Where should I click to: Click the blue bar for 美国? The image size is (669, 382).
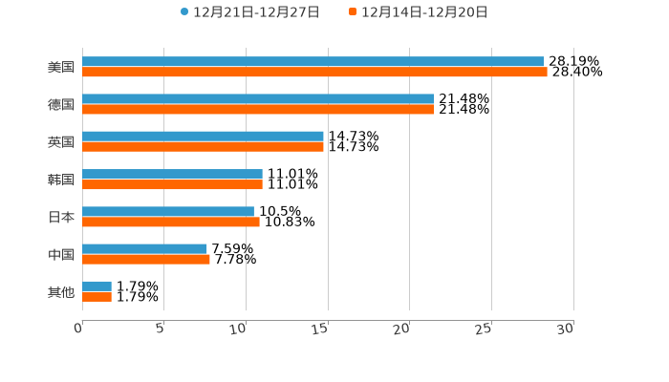click(313, 61)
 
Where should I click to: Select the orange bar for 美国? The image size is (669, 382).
click(314, 72)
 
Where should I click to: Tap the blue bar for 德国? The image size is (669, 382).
click(258, 99)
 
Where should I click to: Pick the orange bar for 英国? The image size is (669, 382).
click(203, 147)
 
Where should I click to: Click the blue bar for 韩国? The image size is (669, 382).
click(172, 174)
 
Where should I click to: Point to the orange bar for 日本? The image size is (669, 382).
click(171, 222)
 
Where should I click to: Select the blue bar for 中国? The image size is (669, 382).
click(144, 248)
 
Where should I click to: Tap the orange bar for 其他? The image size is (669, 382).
click(97, 297)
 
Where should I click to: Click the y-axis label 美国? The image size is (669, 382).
click(61, 67)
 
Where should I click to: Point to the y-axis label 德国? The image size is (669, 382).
click(61, 104)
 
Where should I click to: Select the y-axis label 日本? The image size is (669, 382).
click(61, 217)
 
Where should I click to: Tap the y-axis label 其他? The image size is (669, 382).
click(61, 291)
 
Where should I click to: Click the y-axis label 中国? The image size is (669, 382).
click(61, 254)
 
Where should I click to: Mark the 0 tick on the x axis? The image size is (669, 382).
click(79, 329)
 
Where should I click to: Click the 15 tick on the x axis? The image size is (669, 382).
click(321, 329)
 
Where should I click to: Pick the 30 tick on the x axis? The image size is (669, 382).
click(566, 329)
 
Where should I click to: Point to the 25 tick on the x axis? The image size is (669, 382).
click(485, 329)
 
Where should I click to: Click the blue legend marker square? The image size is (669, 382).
click(184, 12)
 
